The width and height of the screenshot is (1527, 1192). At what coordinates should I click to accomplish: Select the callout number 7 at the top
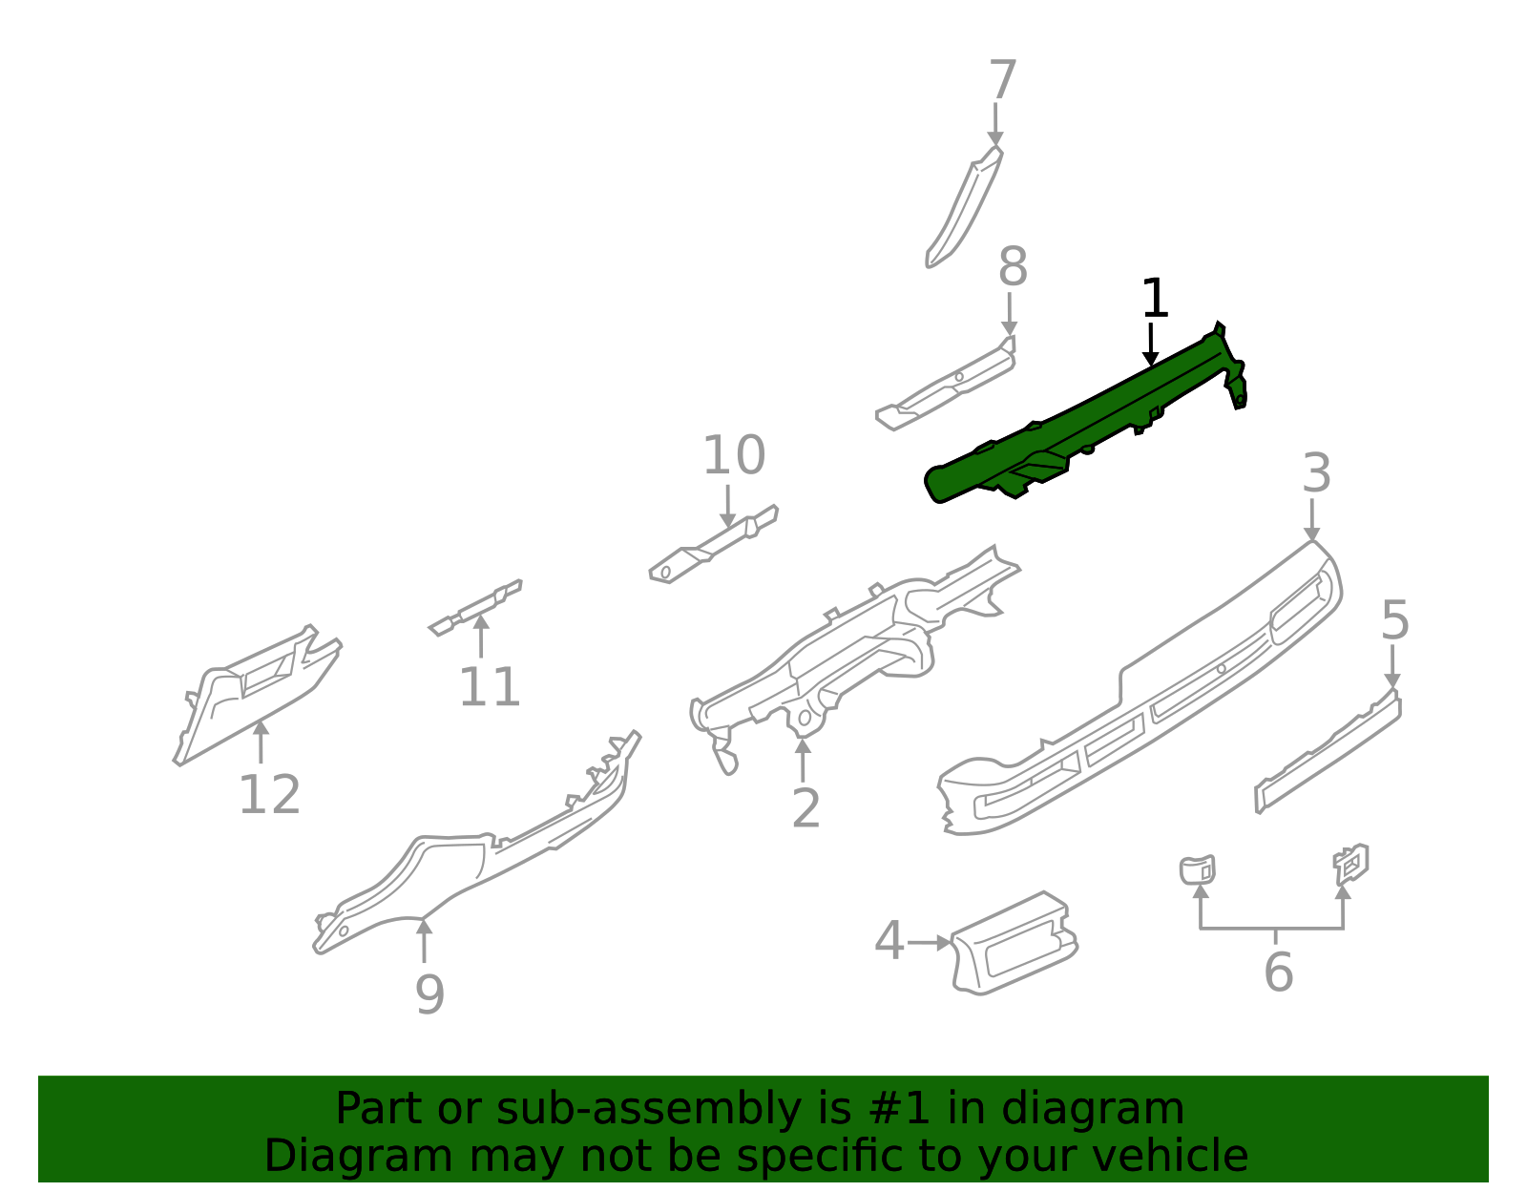pyautogui.click(x=1002, y=80)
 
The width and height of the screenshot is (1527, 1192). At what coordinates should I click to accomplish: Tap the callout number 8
pyautogui.click(x=1013, y=267)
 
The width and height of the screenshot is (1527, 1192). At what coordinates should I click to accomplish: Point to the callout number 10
pyautogui.click(x=733, y=455)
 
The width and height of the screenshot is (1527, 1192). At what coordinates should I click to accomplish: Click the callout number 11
pyautogui.click(x=490, y=687)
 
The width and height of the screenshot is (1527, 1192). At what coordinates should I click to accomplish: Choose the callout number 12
pyautogui.click(x=269, y=795)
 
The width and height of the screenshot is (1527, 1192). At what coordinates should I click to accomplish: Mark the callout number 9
pyautogui.click(x=429, y=994)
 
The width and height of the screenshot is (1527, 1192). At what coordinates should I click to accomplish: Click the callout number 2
pyautogui.click(x=805, y=809)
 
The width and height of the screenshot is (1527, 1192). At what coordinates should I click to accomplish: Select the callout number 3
pyautogui.click(x=1316, y=473)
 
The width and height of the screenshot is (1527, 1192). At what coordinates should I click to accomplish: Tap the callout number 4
pyautogui.click(x=889, y=942)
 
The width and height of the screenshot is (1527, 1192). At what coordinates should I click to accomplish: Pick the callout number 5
pyautogui.click(x=1394, y=621)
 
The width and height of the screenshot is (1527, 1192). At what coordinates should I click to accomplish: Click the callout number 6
pyautogui.click(x=1278, y=972)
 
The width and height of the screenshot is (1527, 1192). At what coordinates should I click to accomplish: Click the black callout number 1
pyautogui.click(x=1155, y=299)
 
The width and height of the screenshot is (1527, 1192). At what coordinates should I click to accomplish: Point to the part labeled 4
pyautogui.click(x=1014, y=945)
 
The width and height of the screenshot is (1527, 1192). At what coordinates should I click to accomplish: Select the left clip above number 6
pyautogui.click(x=1197, y=869)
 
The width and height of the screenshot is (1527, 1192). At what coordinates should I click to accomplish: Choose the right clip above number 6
pyautogui.click(x=1350, y=863)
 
